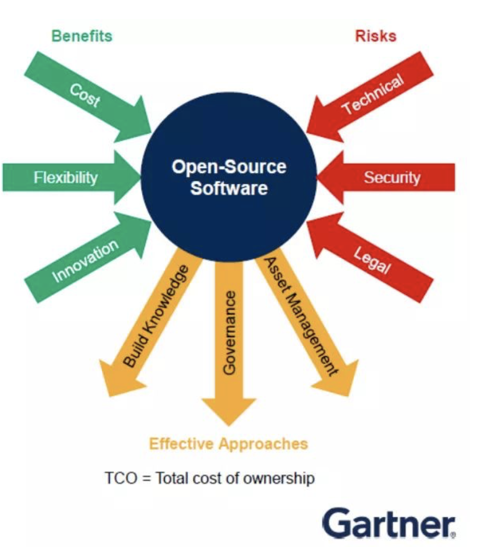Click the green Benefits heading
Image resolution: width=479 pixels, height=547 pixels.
[x=82, y=36]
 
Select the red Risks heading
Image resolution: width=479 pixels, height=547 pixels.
[x=376, y=36]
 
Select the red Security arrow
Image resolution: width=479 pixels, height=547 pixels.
[x=392, y=177]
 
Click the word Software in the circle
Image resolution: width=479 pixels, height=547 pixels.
[x=229, y=188]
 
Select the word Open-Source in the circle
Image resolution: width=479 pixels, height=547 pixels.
[x=229, y=167]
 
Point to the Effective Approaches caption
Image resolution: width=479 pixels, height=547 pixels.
[x=228, y=443]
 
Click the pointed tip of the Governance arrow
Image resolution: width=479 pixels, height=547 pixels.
[x=228, y=422]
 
